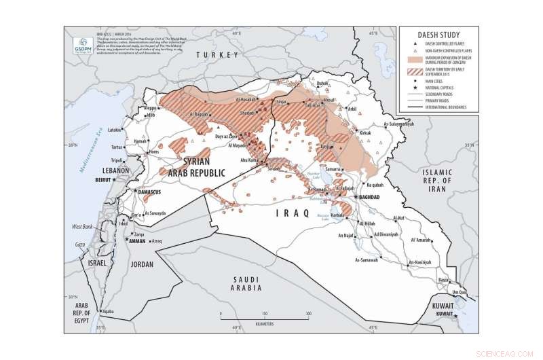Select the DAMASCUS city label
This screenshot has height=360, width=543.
[x=153, y=192]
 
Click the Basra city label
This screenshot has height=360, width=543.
[x=444, y=280]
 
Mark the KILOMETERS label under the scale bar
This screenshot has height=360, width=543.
[x=264, y=324]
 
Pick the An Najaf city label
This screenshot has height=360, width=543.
[x=346, y=236]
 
